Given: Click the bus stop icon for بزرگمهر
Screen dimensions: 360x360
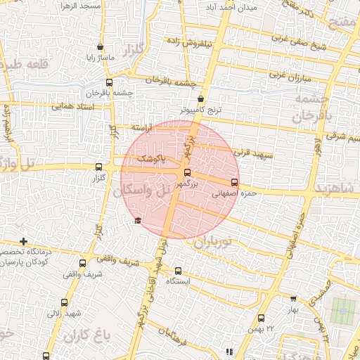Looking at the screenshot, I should pos(186,172).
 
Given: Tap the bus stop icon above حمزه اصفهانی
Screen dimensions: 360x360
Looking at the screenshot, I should pos(235,182).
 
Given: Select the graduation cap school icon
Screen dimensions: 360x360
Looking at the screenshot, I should pos(137,221).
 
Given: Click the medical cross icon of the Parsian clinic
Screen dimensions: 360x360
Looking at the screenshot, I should pos(23,241).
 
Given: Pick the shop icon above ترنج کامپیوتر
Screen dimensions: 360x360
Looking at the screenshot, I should pos(201,99).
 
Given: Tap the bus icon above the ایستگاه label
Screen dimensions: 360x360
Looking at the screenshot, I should pos(177,271).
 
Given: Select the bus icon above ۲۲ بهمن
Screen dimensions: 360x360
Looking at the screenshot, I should pos(262,319).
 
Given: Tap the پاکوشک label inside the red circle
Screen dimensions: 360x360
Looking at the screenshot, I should pos(153,160).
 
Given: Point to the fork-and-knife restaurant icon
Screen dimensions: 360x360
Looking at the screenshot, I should pos(229,351).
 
